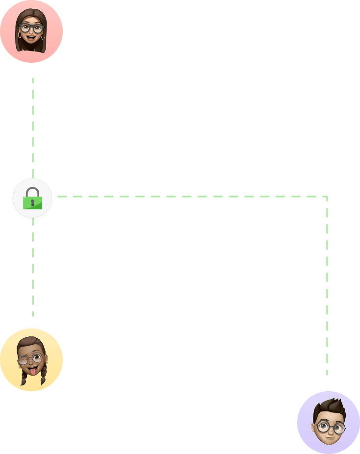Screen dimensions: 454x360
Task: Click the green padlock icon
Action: [x=32, y=199]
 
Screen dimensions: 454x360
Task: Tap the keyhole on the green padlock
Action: [x=32, y=202]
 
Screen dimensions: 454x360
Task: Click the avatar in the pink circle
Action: [x=31, y=31]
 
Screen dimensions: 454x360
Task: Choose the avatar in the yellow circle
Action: [x=31, y=360]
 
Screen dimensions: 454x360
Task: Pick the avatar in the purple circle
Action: [x=329, y=423]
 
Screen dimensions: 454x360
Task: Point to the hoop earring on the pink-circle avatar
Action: [x=20, y=36]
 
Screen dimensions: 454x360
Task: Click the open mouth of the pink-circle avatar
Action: [x=32, y=37]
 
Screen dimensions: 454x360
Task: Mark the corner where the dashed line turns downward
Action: [x=327, y=197]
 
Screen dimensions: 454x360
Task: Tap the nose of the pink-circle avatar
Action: [x=31, y=32]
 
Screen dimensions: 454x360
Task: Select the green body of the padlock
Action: [x=32, y=202]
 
